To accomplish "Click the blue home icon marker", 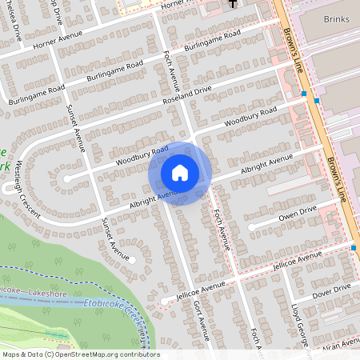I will click(x=180, y=173).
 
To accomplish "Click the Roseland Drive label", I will click(x=210, y=90).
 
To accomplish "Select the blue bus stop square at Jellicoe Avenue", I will click(x=354, y=248).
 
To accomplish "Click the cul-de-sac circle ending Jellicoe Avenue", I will click(x=163, y=301).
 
